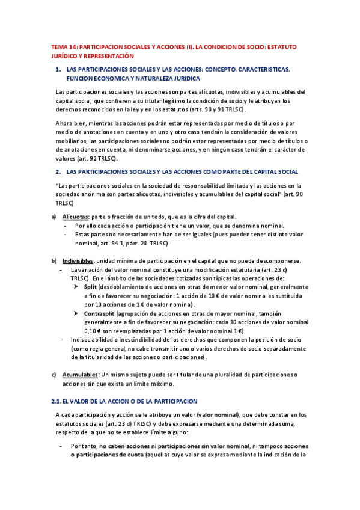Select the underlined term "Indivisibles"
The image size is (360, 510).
point(78,261)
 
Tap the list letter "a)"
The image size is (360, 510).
point(53,217)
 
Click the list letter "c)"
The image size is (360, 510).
point(53,374)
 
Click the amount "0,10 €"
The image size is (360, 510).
point(95,331)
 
